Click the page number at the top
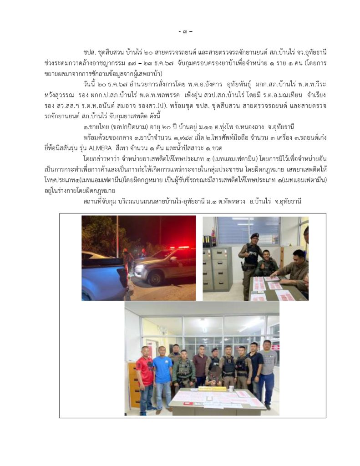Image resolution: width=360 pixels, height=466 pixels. click(185, 31)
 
